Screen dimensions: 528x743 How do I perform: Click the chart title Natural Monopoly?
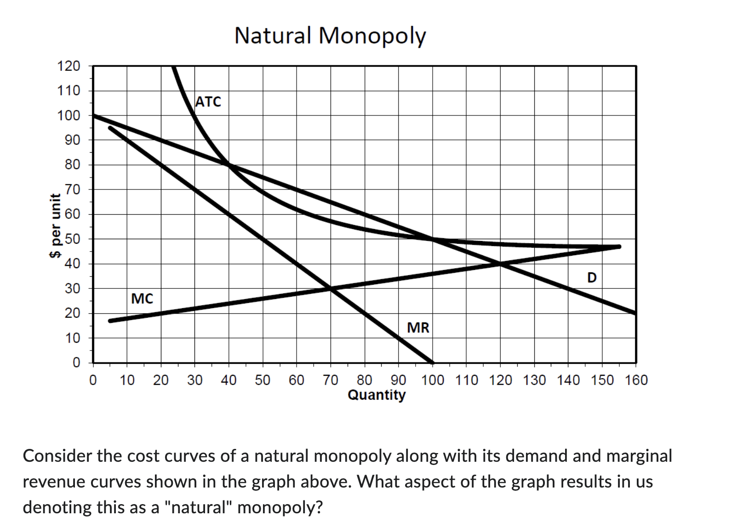tap(330, 36)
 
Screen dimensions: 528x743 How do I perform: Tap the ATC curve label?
tap(208, 102)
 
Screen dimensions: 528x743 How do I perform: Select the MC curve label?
tap(142, 299)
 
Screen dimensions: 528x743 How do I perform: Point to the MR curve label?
tap(418, 328)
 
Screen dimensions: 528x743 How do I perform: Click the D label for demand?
tap(592, 278)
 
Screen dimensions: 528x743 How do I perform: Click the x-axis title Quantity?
tap(377, 395)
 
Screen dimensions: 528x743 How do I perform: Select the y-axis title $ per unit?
tap(56, 225)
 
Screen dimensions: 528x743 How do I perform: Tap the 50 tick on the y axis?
tap(72, 239)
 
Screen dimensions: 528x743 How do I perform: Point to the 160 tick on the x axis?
tap(636, 380)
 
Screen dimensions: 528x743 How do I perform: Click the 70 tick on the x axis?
tap(331, 380)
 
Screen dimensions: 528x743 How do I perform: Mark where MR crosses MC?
tap(331, 289)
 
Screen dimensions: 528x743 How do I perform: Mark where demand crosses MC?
tap(500, 264)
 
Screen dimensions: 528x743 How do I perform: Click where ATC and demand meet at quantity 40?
tap(229, 165)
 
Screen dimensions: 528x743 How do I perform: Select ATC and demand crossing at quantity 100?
tap(432, 239)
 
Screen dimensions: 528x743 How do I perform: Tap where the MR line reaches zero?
tap(432, 362)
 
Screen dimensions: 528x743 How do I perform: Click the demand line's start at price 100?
tap(94, 115)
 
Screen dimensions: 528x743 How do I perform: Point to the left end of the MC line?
tap(110, 321)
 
